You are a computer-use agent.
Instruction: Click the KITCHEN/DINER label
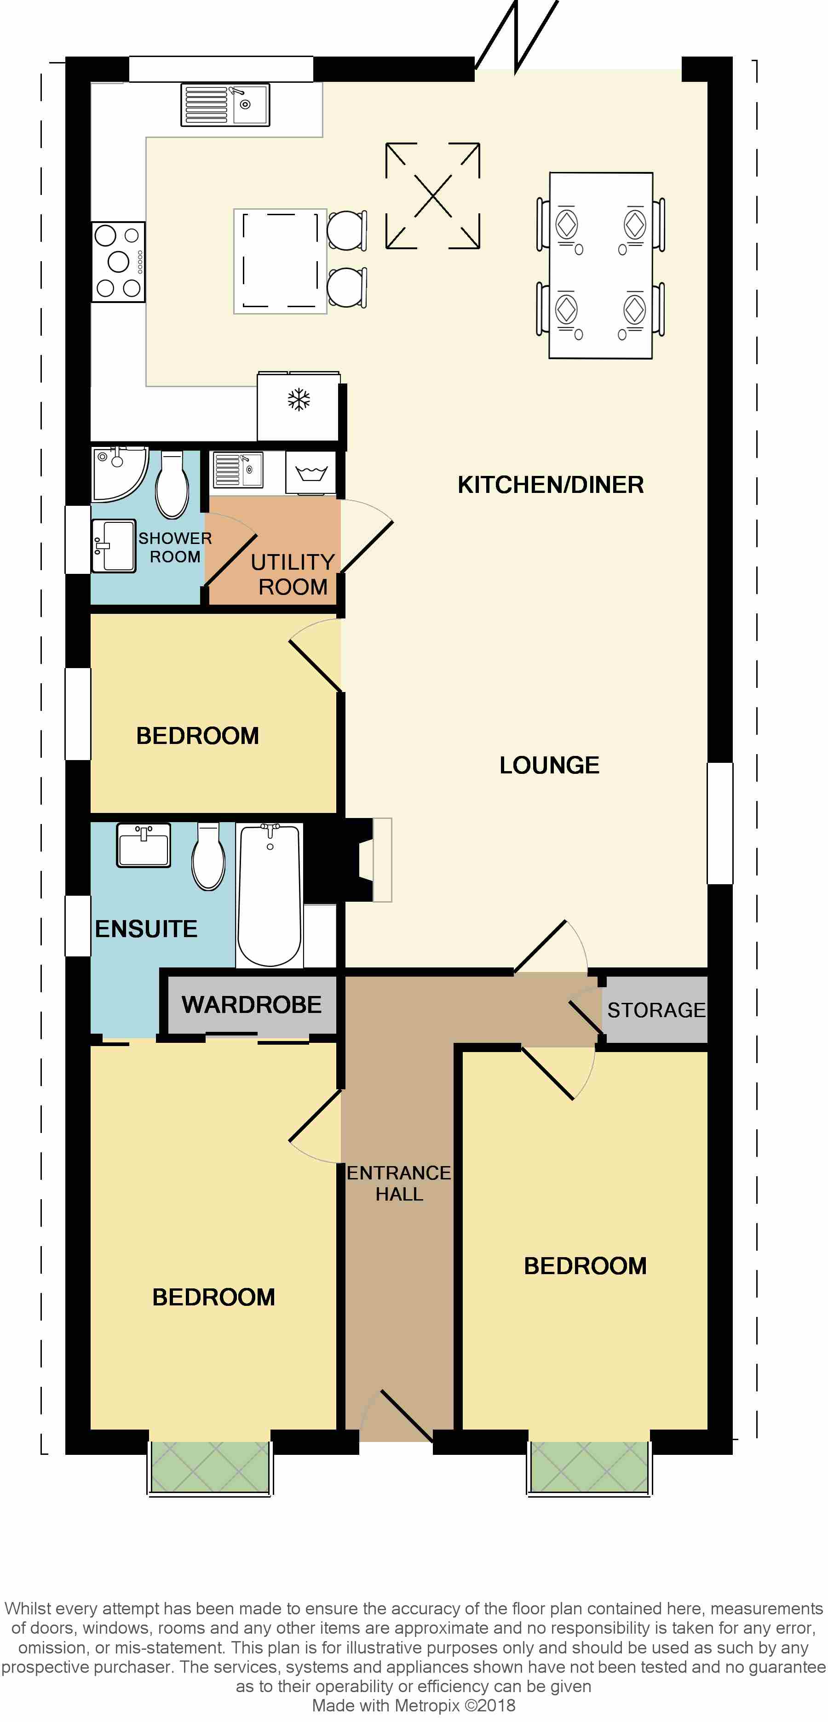[x=551, y=485]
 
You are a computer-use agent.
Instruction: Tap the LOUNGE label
[x=549, y=765]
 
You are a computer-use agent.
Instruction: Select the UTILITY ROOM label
[x=292, y=574]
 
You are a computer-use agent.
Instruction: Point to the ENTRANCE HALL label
[x=399, y=1183]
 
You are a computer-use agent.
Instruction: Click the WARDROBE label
[x=252, y=1004]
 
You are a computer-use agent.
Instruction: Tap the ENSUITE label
[x=146, y=928]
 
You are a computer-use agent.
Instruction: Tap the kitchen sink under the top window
[x=225, y=105]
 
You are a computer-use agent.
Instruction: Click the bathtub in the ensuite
[x=270, y=894]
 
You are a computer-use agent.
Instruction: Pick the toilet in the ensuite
[x=208, y=856]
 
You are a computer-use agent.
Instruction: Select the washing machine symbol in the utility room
[x=311, y=473]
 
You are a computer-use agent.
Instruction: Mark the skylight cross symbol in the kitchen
[x=433, y=196]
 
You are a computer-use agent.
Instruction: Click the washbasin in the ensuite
[x=144, y=845]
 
